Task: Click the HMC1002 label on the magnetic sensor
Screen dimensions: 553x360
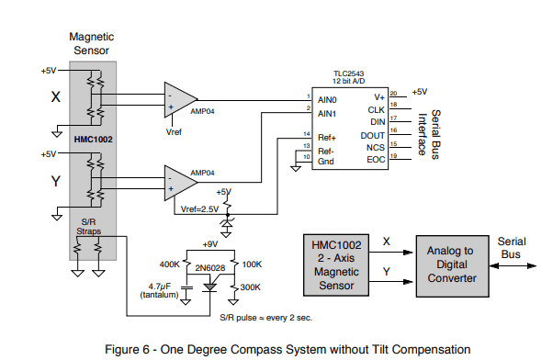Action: click(93, 140)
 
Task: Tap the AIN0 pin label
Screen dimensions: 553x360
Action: click(327, 100)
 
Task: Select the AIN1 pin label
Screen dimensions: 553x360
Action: click(327, 114)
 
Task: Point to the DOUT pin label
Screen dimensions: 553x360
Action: click(372, 136)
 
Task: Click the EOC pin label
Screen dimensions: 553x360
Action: click(376, 160)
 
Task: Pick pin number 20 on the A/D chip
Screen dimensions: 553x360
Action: click(393, 94)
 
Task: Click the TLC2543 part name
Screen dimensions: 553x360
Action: click(349, 73)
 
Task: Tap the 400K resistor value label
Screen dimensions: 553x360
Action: click(169, 264)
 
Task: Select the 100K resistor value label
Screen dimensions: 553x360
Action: click(252, 264)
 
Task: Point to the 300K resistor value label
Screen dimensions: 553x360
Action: click(251, 287)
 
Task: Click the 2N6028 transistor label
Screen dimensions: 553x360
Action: click(210, 268)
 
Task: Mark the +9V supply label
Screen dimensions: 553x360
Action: click(210, 244)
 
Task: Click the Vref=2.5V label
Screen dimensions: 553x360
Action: click(199, 209)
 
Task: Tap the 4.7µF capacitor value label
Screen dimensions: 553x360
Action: click(160, 287)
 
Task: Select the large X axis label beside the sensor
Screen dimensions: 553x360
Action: click(56, 96)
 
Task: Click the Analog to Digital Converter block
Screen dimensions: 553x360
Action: click(453, 266)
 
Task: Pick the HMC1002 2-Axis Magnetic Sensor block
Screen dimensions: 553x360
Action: click(336, 265)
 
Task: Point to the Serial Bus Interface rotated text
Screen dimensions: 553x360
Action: click(429, 134)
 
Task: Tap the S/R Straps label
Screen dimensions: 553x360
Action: click(88, 227)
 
